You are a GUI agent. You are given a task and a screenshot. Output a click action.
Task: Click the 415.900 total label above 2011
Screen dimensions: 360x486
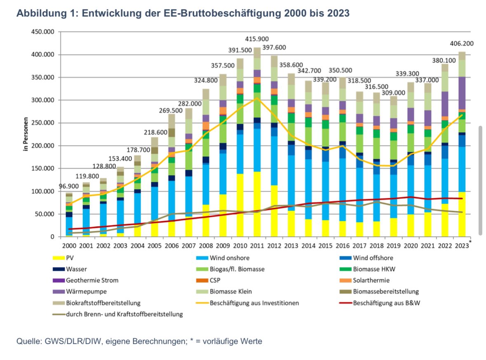tap(258, 39)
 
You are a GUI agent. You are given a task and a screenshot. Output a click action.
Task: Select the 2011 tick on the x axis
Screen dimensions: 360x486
tap(258, 245)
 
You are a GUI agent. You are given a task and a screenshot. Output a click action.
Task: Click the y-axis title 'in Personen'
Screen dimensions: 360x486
tap(25, 134)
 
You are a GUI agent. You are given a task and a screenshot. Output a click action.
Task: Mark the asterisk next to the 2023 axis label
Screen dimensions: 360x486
tap(470, 241)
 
